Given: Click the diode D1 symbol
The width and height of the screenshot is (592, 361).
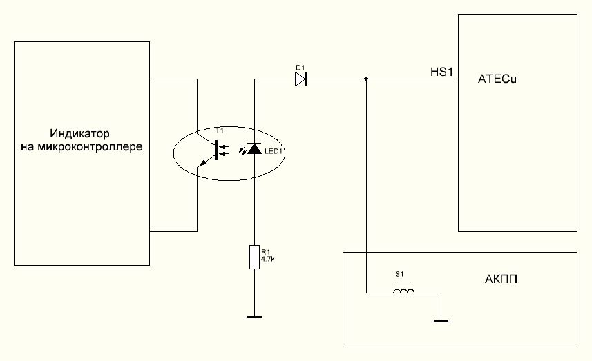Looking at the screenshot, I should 300,79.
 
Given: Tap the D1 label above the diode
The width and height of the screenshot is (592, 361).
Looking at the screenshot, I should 300,67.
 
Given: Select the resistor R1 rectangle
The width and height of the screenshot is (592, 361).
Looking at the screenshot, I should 255,257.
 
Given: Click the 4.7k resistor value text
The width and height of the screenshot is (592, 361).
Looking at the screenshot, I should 267,259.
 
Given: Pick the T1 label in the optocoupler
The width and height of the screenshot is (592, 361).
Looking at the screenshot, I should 220,130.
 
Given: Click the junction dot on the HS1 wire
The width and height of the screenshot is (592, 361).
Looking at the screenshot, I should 366,79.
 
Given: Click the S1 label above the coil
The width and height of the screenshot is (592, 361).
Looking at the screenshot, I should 399,275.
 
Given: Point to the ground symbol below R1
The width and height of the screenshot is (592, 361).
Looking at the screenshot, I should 255,317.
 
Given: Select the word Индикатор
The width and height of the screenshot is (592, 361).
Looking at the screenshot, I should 80,133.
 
